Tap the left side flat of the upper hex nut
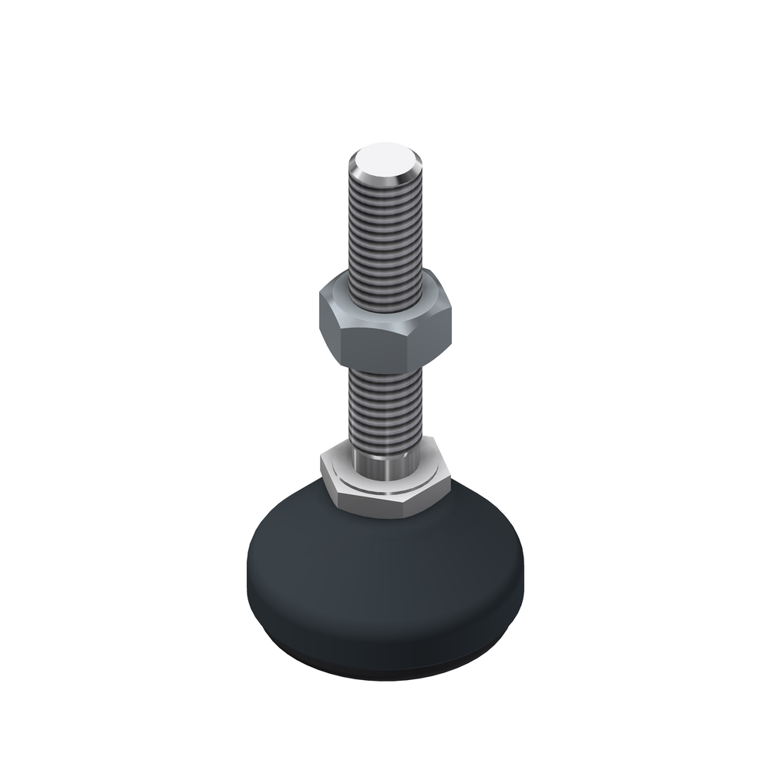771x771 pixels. click(329, 324)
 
